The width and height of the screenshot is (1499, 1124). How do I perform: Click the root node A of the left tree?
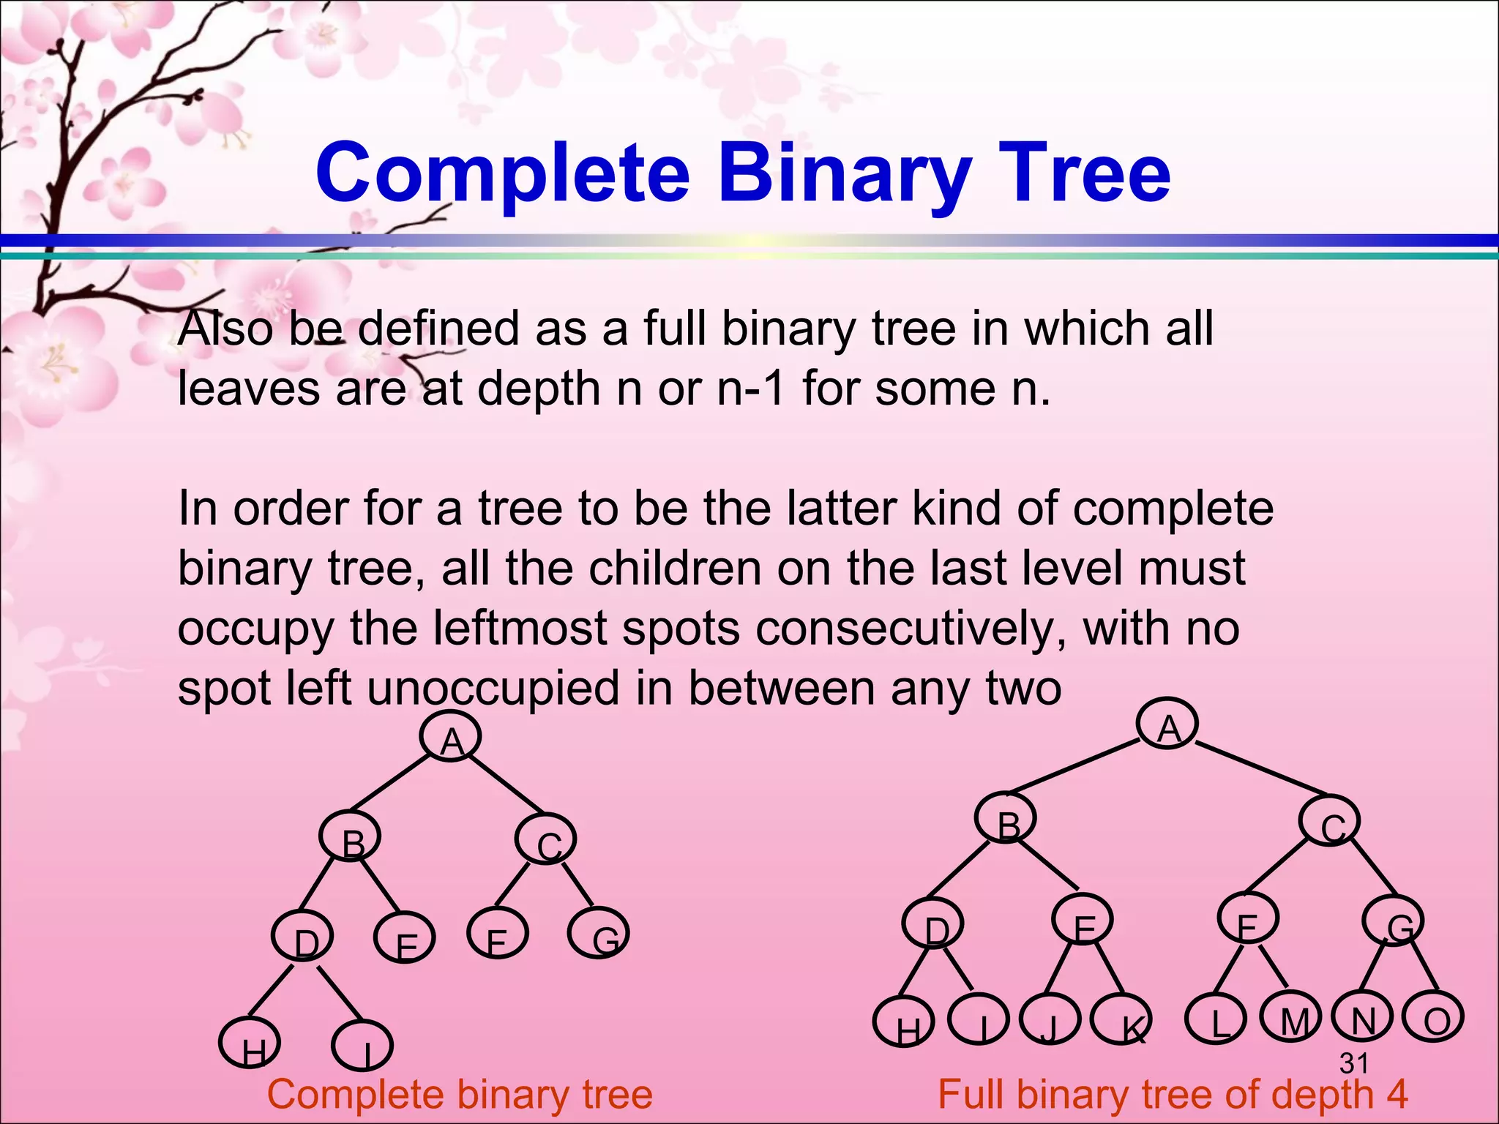coord(451,738)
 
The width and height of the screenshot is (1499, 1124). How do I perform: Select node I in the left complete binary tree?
coord(362,1046)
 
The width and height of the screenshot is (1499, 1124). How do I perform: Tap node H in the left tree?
coord(250,1042)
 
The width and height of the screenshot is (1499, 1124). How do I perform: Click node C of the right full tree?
coord(1329,823)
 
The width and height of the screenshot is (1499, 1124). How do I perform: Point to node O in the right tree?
coord(1432,1017)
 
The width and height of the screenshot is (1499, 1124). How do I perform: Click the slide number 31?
coord(1353,1063)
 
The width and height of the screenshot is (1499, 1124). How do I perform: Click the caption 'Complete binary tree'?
coord(460,1095)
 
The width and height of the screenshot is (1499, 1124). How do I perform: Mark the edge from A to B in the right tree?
coord(1074,765)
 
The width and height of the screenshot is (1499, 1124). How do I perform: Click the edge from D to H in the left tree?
coord(272,994)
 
